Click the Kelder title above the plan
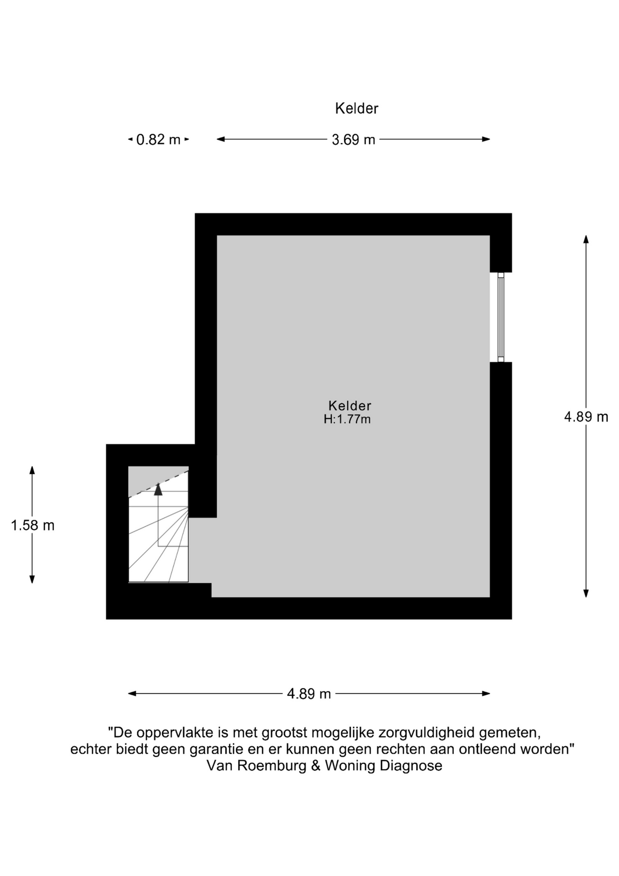pyautogui.click(x=356, y=109)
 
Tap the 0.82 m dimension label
pyautogui.click(x=158, y=140)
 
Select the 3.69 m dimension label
pyautogui.click(x=353, y=140)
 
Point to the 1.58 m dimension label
pyautogui.click(x=33, y=525)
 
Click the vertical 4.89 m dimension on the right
pyautogui.click(x=586, y=417)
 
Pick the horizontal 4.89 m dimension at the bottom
pyautogui.click(x=309, y=694)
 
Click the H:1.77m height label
pyautogui.click(x=347, y=419)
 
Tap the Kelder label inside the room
pyautogui.click(x=350, y=406)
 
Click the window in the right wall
pyautogui.click(x=500, y=317)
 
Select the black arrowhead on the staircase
pyautogui.click(x=158, y=489)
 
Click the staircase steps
pyautogui.click(x=158, y=534)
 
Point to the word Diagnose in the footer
pyautogui.click(x=411, y=765)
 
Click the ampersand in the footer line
pyautogui.click(x=316, y=765)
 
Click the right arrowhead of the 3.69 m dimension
pyautogui.click(x=486, y=139)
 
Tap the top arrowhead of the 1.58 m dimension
pyautogui.click(x=32, y=470)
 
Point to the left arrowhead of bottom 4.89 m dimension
pyautogui.click(x=132, y=693)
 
